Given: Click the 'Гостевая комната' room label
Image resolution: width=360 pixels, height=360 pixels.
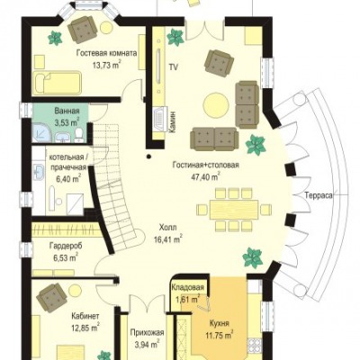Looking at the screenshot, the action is [106, 54].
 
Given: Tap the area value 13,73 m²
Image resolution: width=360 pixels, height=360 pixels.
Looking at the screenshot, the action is [106, 65].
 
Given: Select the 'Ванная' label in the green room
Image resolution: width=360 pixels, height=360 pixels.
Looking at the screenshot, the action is [67, 111].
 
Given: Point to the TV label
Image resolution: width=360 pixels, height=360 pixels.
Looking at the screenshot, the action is [173, 67].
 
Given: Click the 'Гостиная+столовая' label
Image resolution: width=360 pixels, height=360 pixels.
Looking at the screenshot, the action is [205, 165].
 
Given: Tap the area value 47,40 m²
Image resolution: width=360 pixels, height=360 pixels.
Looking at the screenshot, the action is [205, 176].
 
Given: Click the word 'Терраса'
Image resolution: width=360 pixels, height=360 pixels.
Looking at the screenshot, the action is [319, 195].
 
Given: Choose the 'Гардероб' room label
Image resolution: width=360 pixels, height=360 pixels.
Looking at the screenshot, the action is [65, 246].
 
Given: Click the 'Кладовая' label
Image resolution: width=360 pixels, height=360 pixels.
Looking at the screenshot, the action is [188, 287].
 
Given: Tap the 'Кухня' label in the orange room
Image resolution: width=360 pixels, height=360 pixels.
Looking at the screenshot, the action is [220, 324].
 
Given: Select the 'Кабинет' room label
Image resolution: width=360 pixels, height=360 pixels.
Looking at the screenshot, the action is [85, 317].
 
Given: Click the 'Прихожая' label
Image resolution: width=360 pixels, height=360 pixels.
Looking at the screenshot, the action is [147, 333].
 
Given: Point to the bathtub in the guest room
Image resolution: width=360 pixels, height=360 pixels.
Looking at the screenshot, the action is [57, 82].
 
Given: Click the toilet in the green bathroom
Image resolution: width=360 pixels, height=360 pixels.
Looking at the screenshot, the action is [79, 136].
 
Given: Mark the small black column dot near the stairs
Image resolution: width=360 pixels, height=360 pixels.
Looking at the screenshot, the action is [148, 156].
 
